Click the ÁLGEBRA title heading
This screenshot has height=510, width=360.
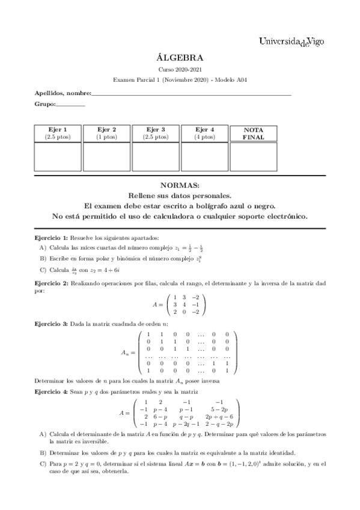click(x=180, y=58)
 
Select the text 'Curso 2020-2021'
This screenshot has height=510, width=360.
click(x=180, y=70)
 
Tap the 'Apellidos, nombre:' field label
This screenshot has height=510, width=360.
click(x=63, y=93)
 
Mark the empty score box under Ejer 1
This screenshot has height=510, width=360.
click(x=58, y=156)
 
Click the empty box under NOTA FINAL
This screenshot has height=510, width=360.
click(x=254, y=156)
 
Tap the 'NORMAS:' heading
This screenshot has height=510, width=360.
click(x=180, y=186)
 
